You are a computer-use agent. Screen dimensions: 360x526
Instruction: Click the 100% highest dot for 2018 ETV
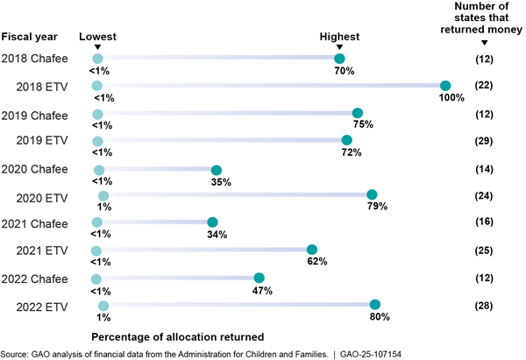tap(444, 85)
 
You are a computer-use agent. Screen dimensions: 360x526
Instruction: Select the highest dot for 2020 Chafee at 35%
tap(217, 170)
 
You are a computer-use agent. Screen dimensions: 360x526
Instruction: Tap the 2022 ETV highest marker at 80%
tap(375, 306)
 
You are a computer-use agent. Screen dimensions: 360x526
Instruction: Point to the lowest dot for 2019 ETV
tap(97, 140)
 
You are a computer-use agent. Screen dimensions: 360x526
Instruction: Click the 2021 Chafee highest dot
tap(211, 223)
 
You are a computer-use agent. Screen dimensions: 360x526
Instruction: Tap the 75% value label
tap(363, 125)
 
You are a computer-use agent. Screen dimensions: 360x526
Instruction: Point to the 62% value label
tap(316, 261)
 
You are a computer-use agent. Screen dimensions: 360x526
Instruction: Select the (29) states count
tap(484, 140)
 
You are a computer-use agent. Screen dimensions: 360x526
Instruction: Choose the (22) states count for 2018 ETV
tap(484, 85)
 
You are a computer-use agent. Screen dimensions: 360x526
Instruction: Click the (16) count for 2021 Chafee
tap(484, 223)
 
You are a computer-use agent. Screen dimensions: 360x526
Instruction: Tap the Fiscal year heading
tap(30, 37)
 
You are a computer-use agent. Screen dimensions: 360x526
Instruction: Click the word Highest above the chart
tap(339, 37)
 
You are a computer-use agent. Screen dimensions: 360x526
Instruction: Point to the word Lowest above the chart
tap(97, 37)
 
